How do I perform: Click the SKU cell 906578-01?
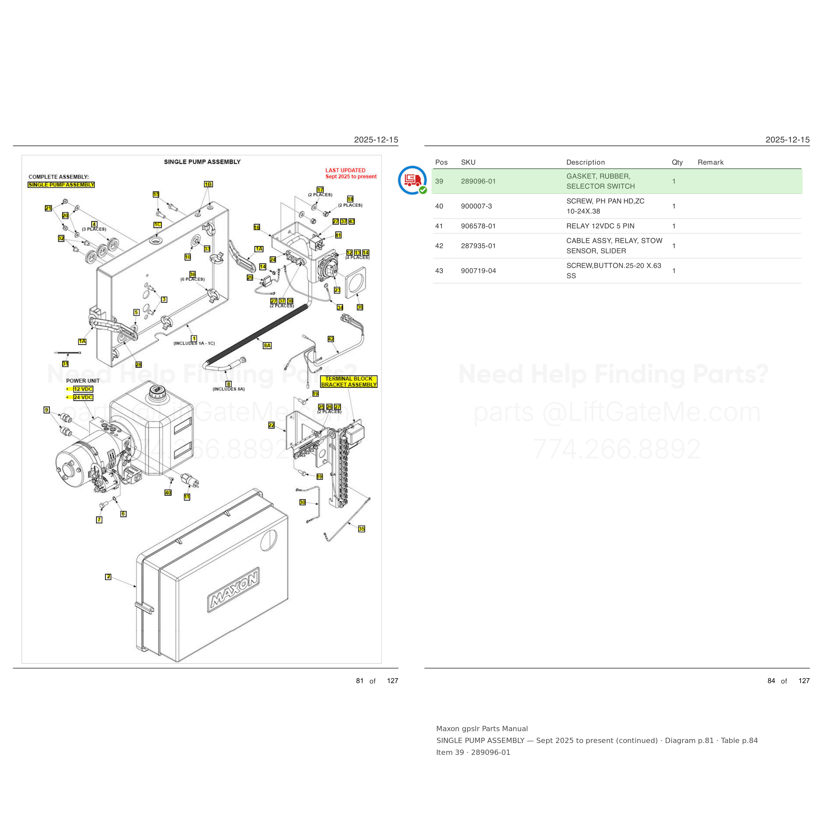[x=478, y=226]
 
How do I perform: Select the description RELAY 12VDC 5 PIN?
[x=600, y=226]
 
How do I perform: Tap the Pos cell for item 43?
[x=439, y=271]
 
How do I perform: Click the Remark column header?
[x=710, y=162]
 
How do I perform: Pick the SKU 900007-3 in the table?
[x=476, y=206]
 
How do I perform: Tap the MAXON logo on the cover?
[x=233, y=590]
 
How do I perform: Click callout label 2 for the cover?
[x=108, y=577]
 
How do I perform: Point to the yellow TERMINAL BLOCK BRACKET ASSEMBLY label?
[x=349, y=382]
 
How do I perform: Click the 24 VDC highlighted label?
[x=83, y=397]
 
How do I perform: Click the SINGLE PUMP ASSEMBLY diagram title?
[x=202, y=162]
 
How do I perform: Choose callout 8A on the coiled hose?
[x=267, y=345]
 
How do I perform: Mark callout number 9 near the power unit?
[x=47, y=410]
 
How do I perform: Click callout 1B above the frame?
[x=208, y=184]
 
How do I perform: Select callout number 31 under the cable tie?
[x=65, y=364]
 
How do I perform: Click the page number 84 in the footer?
[x=771, y=681]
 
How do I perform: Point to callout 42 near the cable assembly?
[x=331, y=339]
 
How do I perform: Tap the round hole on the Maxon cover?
[x=269, y=540]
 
